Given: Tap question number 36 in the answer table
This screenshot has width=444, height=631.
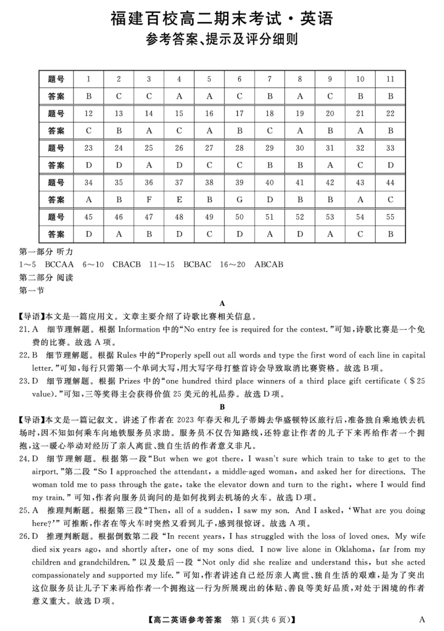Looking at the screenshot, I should tap(149, 182).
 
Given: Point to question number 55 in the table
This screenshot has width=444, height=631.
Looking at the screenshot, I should tap(390, 217).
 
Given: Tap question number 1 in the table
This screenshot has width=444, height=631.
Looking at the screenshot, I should tap(89, 79).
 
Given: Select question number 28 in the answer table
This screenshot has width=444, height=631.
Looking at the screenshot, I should tap(239, 148).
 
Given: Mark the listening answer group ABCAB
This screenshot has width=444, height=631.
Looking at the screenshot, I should tap(269, 264).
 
